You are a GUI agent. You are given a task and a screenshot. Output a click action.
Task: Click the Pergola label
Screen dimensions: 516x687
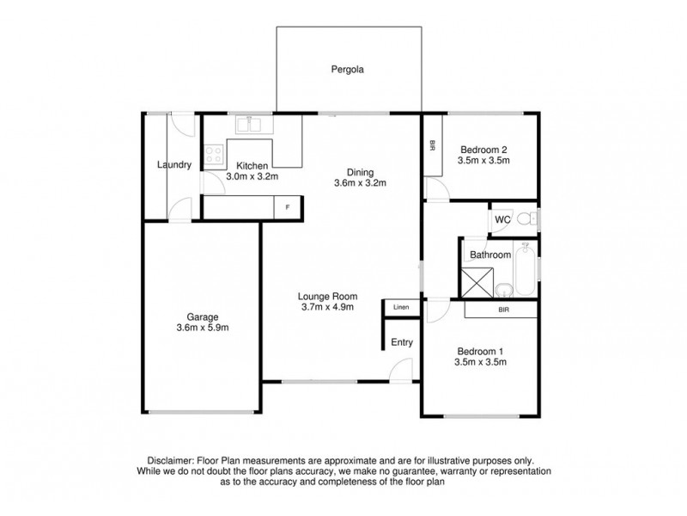pos(348,71)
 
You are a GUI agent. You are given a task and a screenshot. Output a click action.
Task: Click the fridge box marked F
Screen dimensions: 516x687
pos(288,207)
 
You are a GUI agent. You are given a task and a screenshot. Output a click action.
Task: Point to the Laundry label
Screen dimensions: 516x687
pos(174,165)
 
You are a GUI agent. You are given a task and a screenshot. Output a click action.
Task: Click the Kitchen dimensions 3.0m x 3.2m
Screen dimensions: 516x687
pos(252,176)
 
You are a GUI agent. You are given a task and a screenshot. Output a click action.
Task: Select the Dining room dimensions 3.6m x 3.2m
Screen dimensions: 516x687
pos(361,182)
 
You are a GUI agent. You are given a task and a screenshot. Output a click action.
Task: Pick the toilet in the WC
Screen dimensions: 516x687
pos(532,219)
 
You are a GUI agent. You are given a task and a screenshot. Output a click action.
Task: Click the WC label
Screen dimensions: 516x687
pos(502,220)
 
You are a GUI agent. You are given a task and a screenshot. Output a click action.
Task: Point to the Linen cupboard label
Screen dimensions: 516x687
pos(401,307)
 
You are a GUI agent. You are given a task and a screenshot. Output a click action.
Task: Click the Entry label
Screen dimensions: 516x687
pos(402,342)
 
